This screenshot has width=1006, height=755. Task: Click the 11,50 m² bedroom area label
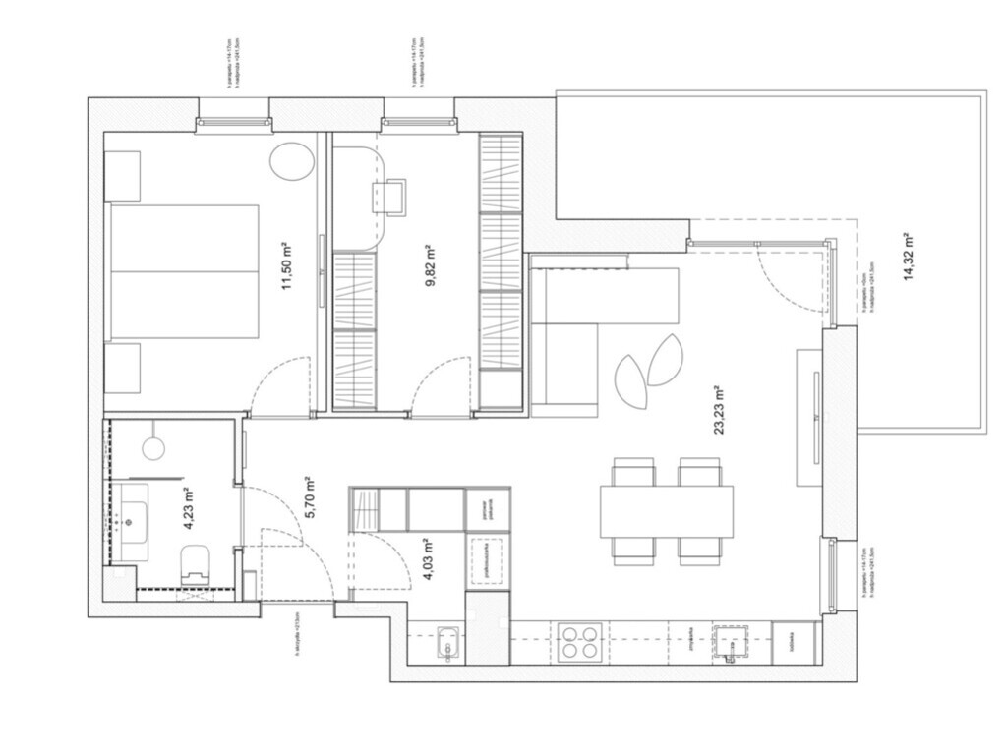click(x=289, y=268)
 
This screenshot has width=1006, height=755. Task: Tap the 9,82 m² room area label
click(x=430, y=264)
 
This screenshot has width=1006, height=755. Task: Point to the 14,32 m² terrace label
click(x=908, y=257)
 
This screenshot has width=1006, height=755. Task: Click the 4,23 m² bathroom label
click(x=187, y=506)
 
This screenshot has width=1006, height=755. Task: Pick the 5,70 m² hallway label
click(x=309, y=496)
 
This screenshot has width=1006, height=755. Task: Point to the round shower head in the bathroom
click(x=153, y=448)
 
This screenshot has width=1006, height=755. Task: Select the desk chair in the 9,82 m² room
click(x=390, y=196)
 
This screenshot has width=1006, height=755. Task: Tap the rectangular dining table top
click(x=667, y=511)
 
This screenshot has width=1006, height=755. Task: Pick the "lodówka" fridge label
click(x=793, y=643)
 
